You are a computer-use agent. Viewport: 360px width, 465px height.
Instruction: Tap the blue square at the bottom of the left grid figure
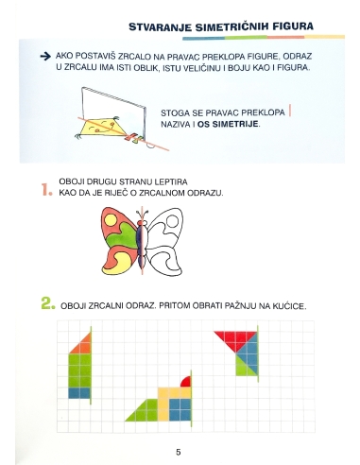point(80,391)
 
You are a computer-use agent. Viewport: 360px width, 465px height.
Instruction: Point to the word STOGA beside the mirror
point(176,111)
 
